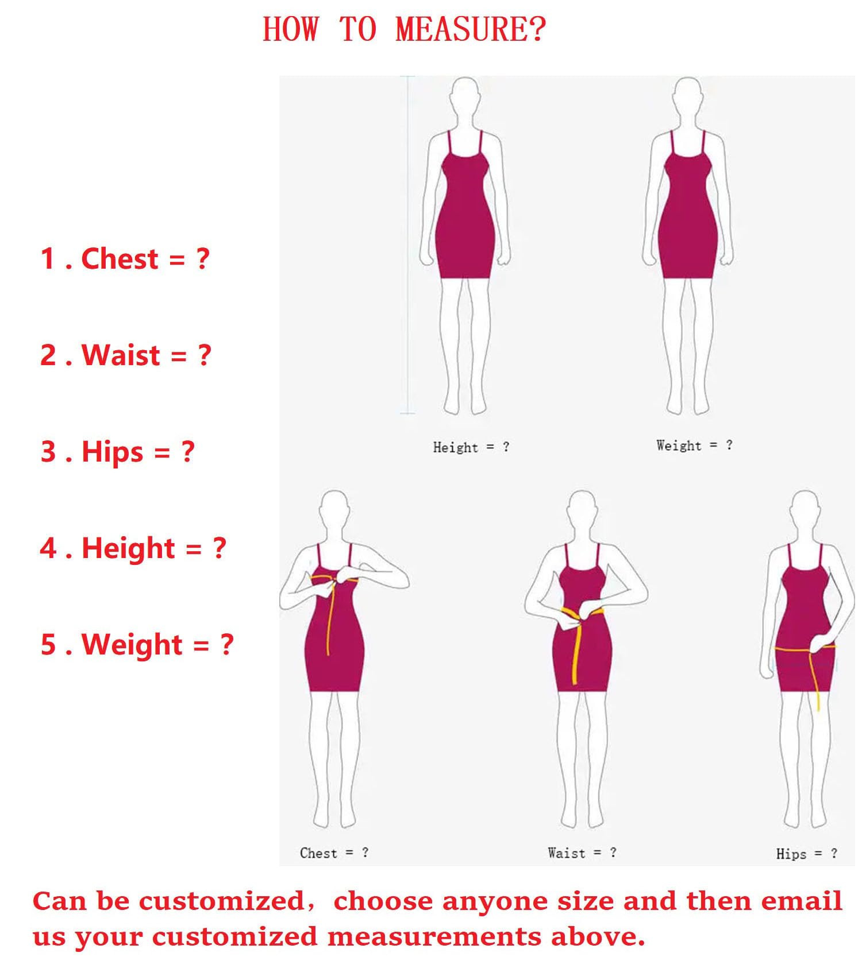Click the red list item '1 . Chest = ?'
coord(125,258)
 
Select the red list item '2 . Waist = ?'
coord(126,355)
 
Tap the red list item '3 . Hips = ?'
coord(118,451)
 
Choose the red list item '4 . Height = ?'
coord(133,548)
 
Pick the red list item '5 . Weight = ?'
coord(137,645)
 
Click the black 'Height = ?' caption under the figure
coord(471,447)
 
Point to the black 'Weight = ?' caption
coord(695,446)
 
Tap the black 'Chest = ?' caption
coord(334,853)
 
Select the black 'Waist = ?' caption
coord(582,853)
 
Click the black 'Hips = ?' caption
coord(807,854)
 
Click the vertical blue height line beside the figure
coord(408,245)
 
